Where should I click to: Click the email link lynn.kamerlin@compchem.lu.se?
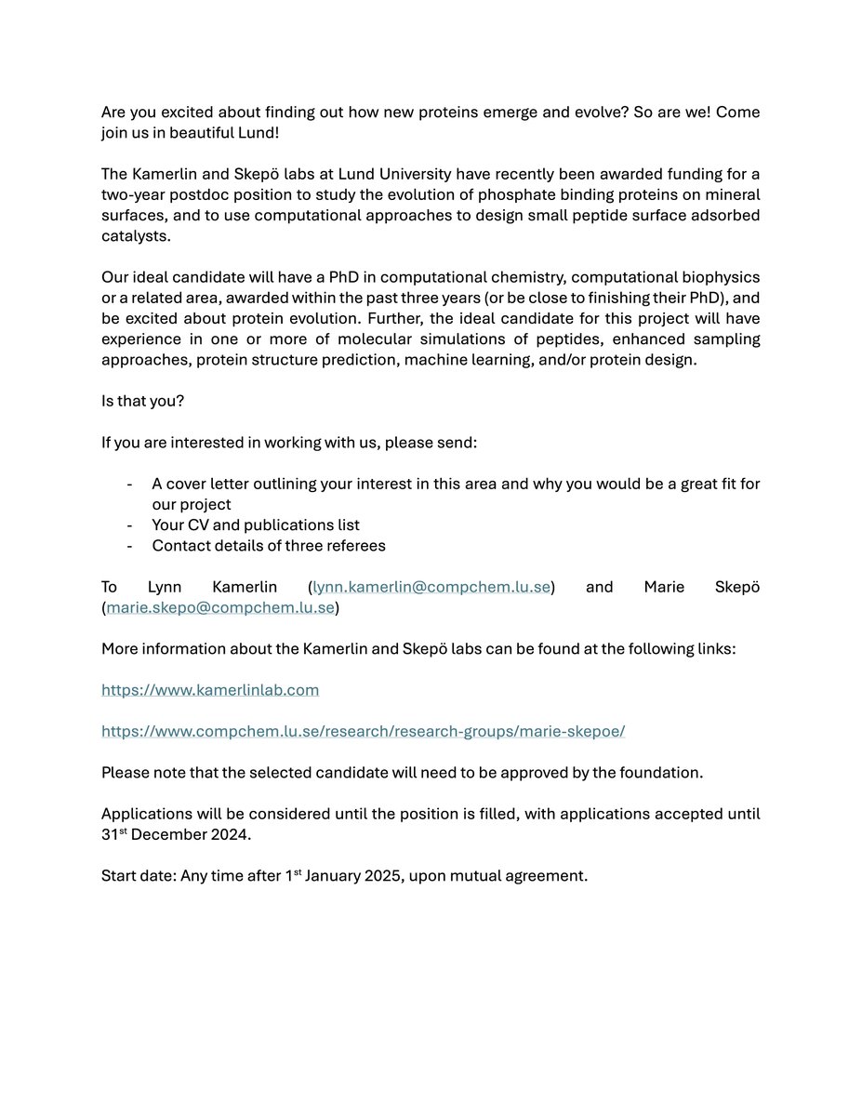432,587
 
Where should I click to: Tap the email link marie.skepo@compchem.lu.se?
220,607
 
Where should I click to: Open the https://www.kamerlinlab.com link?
210,690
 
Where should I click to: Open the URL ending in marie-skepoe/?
363,731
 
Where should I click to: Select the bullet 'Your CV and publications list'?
256,525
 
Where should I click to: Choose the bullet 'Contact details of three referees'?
269,545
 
